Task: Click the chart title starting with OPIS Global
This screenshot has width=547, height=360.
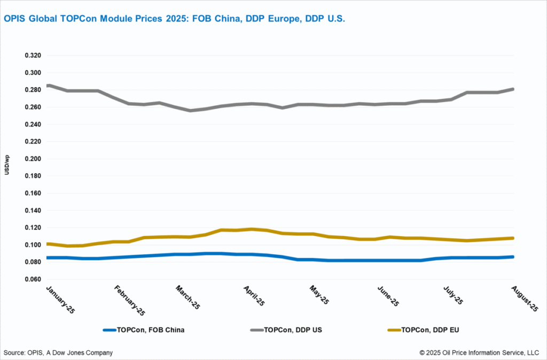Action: click(175, 19)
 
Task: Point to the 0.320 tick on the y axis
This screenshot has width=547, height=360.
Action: click(33, 56)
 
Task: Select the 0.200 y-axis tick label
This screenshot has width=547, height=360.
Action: click(33, 159)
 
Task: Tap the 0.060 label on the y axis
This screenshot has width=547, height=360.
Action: click(33, 279)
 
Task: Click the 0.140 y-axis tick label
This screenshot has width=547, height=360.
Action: click(33, 210)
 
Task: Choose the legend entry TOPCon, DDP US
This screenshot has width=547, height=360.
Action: click(292, 330)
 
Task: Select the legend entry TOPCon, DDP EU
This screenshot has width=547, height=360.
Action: click(429, 330)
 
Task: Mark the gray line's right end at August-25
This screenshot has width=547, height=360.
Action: click(513, 89)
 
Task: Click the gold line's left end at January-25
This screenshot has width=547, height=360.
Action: click(48, 244)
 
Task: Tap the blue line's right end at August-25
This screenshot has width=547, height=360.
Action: click(513, 257)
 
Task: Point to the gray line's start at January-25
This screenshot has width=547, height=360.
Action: click(48, 85)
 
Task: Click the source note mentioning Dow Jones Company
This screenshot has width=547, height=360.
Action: click(58, 353)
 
